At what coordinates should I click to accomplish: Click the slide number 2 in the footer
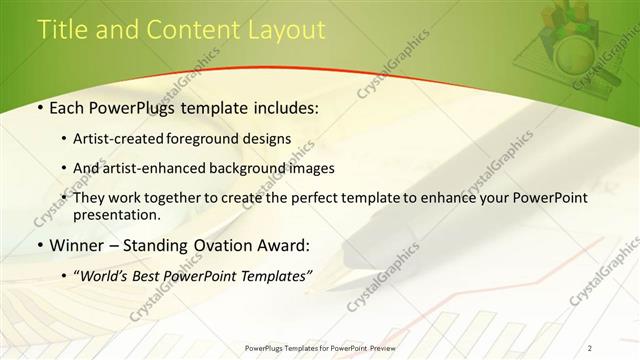(590, 347)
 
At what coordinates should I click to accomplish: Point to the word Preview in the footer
(379, 347)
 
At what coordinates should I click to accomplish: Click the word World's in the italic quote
(108, 274)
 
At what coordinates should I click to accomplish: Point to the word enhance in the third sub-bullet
(428, 198)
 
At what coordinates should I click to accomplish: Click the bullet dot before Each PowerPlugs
(39, 106)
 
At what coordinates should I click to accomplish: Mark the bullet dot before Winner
(39, 244)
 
